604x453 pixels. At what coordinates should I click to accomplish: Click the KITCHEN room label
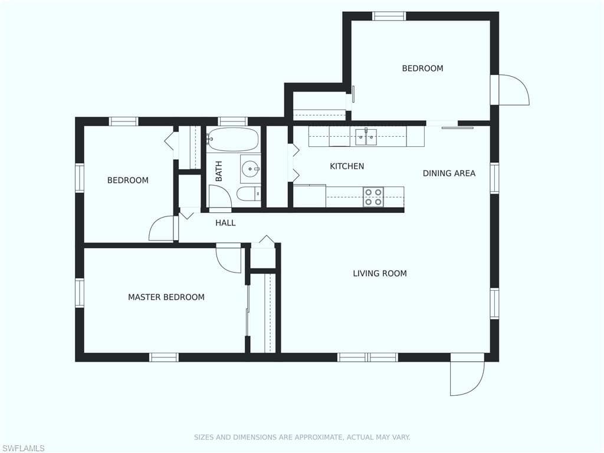tap(347, 166)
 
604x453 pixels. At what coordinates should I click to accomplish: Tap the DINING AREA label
tap(449, 173)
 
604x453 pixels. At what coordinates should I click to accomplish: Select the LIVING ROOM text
tap(380, 274)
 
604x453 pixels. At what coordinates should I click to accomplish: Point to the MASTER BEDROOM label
tap(166, 297)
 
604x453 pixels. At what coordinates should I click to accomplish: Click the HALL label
tap(225, 222)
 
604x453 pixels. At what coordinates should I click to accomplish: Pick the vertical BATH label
tap(219, 171)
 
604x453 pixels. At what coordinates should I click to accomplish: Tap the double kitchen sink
tap(366, 137)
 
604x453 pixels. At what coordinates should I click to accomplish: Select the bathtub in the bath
tap(232, 139)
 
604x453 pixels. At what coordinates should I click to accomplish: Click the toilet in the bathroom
tap(248, 194)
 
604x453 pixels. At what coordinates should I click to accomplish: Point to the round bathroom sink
tap(250, 169)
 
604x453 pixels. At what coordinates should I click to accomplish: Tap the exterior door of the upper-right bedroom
tap(514, 90)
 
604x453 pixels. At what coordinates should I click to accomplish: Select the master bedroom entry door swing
tap(228, 258)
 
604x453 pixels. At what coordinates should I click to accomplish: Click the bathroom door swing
tap(220, 196)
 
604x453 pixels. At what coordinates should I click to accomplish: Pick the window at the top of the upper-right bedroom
tap(389, 16)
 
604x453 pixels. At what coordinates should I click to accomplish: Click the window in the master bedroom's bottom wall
tap(164, 357)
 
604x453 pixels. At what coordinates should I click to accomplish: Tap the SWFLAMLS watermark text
tap(23, 448)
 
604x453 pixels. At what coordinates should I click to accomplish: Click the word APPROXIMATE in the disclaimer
tap(318, 437)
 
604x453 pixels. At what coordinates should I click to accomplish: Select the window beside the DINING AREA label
tap(494, 178)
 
